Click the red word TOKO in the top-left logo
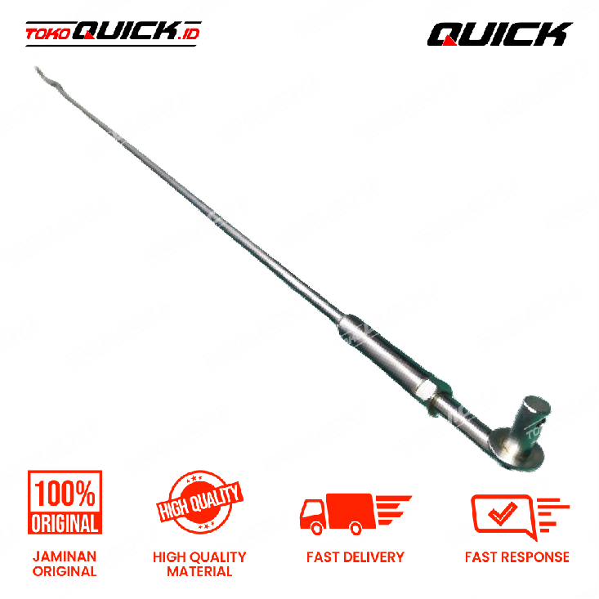coord(47,34)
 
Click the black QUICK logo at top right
coord(499,34)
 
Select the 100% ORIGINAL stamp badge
coord(65,502)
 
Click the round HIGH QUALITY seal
coord(199,502)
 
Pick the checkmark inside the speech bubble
coord(503,513)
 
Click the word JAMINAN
coord(65,557)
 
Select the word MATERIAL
coord(199,571)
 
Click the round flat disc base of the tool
coord(516,449)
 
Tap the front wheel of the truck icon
coord(317,529)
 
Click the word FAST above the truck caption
coord(323,557)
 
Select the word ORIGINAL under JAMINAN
coord(65,571)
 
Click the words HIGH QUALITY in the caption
coord(199,557)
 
